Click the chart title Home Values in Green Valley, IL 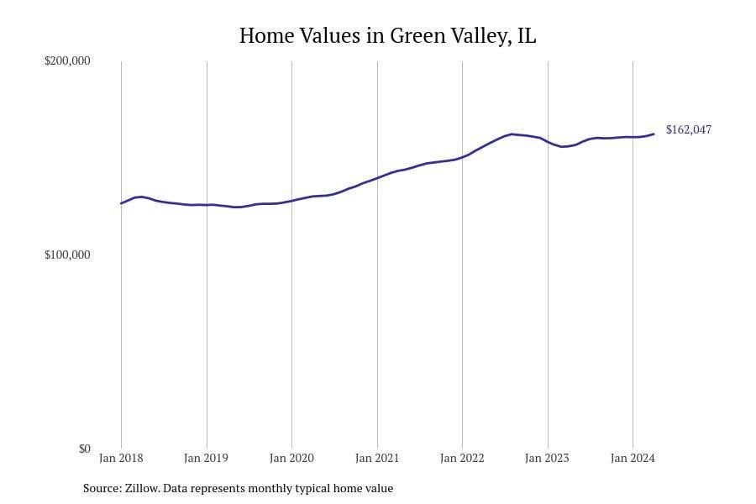pyautogui.click(x=387, y=36)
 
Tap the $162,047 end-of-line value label pyautogui.click(x=688, y=130)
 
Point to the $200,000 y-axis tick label pyautogui.click(x=67, y=61)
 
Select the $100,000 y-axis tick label pyautogui.click(x=67, y=255)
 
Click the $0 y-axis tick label pyautogui.click(x=84, y=449)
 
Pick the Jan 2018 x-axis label pyautogui.click(x=121, y=459)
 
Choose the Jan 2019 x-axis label pyautogui.click(x=206, y=459)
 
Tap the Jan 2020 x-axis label pyautogui.click(x=291, y=459)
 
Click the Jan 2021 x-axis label pyautogui.click(x=376, y=459)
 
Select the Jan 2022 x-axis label pyautogui.click(x=462, y=459)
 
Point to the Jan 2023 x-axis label pyautogui.click(x=547, y=459)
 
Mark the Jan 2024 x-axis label pyautogui.click(x=632, y=459)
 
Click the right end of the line pyautogui.click(x=654, y=134)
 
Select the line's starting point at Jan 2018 pyautogui.click(x=121, y=203)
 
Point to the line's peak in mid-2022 pyautogui.click(x=512, y=134)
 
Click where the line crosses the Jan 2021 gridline pyautogui.click(x=377, y=177)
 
